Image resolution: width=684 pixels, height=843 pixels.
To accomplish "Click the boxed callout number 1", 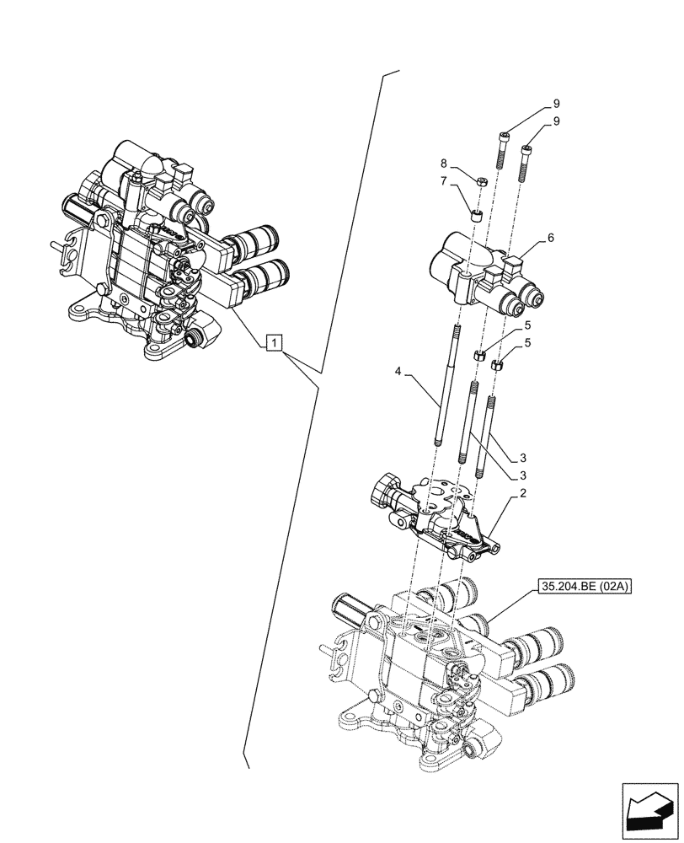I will pyautogui.click(x=274, y=341).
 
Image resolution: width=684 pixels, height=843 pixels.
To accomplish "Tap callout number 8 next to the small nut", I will pyautogui.click(x=443, y=164).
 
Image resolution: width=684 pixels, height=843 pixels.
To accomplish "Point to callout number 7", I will pyautogui.click(x=443, y=181).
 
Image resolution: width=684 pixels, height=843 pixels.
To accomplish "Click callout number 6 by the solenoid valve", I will pyautogui.click(x=550, y=239).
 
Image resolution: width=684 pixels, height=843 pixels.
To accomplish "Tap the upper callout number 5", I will pyautogui.click(x=527, y=325).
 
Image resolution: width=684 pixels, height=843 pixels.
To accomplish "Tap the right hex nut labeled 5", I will pyautogui.click(x=497, y=365).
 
